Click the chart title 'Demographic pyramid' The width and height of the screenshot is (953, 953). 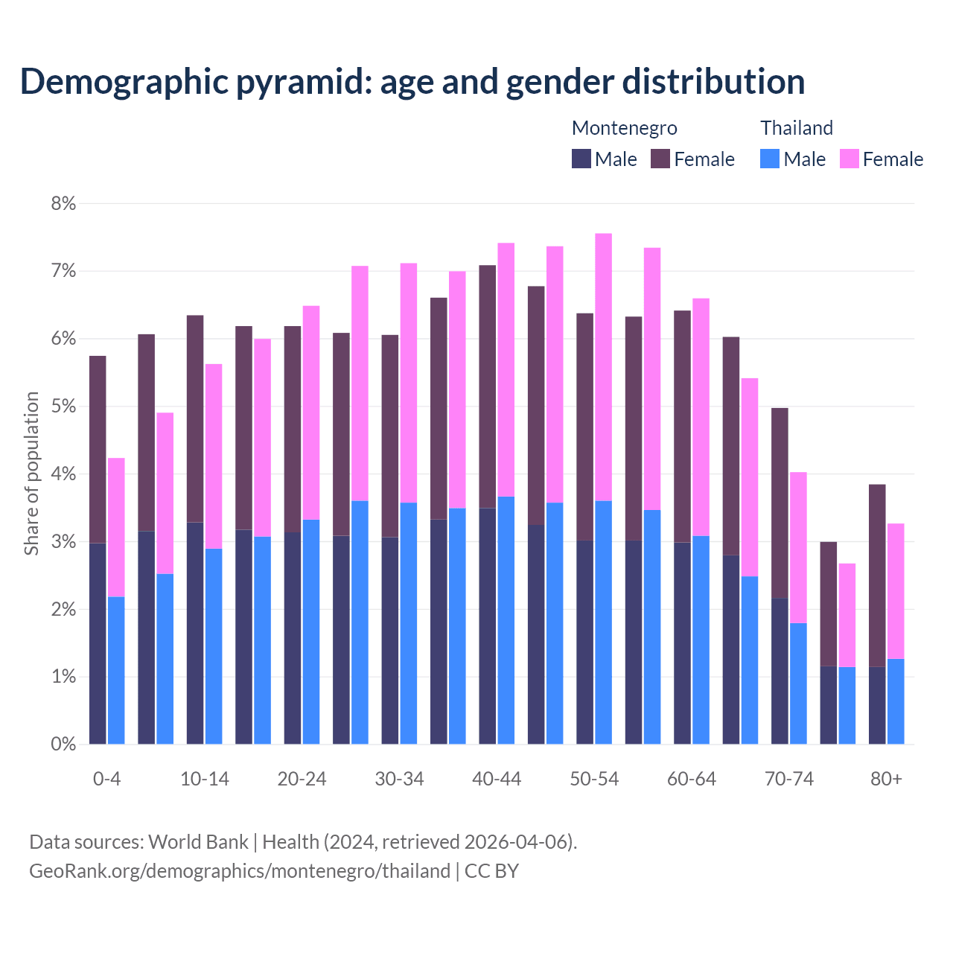(412, 81)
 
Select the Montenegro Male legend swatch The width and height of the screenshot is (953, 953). (581, 159)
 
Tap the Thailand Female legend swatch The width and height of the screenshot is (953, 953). (849, 159)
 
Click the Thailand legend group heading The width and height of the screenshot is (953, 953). (796, 128)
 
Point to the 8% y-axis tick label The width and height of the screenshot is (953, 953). (63, 203)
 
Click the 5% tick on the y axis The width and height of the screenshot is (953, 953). (63, 407)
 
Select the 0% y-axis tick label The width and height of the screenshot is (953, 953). (63, 744)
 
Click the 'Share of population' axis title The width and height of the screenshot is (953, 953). (31, 474)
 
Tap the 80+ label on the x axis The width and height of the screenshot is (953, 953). (886, 780)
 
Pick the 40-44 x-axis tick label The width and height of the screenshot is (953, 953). (497, 780)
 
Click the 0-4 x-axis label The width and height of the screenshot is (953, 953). (106, 780)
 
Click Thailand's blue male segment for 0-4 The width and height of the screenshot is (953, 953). (116, 670)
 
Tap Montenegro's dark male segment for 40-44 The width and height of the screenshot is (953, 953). (488, 625)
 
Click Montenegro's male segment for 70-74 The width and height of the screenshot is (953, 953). (780, 671)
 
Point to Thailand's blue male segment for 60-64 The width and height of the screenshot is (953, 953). (701, 640)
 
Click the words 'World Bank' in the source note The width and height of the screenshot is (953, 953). (198, 842)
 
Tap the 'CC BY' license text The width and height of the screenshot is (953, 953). (491, 871)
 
